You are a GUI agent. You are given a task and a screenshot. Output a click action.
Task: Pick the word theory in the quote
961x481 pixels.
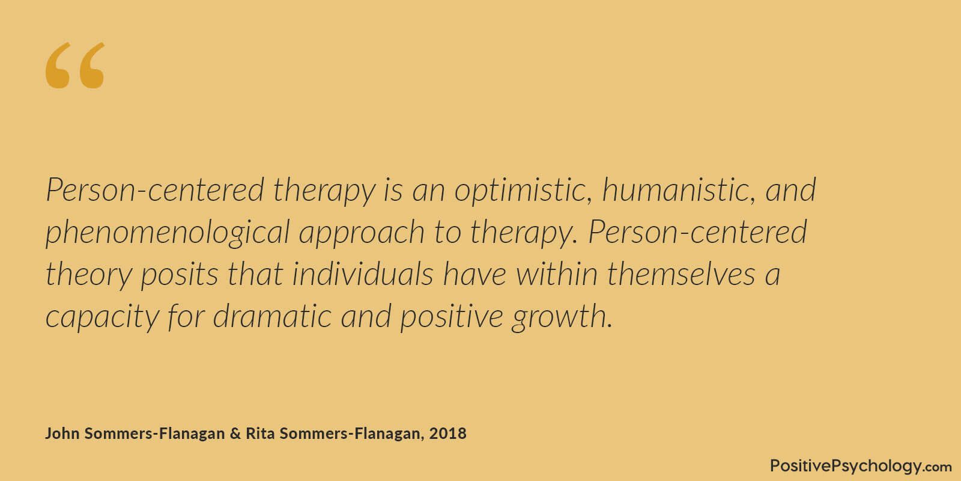(88, 275)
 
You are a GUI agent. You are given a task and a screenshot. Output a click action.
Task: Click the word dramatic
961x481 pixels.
(272, 316)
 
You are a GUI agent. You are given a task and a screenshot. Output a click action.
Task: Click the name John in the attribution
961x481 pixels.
(62, 434)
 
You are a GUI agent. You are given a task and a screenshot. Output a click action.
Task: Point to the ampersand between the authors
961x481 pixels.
(235, 434)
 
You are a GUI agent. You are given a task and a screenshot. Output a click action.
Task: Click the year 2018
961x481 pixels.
(448, 434)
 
